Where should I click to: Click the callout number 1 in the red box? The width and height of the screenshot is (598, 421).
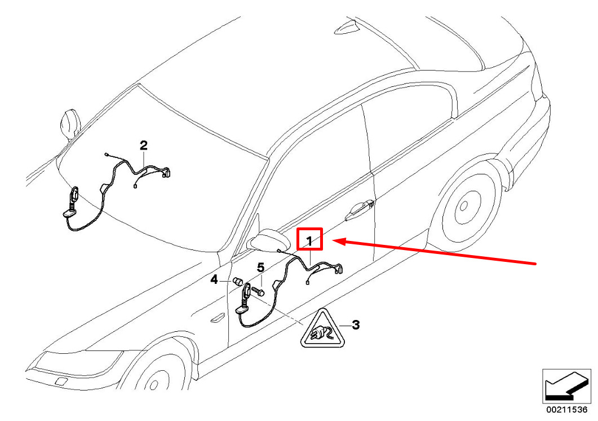[x=309, y=241]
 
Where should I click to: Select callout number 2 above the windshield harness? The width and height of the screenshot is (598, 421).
[x=143, y=146]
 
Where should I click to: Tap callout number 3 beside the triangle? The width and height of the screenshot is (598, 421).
[x=355, y=325]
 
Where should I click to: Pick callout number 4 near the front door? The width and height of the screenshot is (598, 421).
[x=214, y=280]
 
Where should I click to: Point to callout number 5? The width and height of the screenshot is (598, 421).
[x=260, y=268]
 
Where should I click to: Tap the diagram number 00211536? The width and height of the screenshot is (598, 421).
[x=567, y=410]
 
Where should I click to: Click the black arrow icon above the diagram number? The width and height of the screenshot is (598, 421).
[x=566, y=387]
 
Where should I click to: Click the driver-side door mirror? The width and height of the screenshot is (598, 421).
[x=269, y=239]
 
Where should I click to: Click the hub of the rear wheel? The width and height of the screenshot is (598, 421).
[x=464, y=206]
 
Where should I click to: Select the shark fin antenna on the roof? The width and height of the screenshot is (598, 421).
[x=347, y=28]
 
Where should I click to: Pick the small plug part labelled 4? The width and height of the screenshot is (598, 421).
[x=238, y=282]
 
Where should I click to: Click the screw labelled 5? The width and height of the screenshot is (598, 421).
[x=258, y=292]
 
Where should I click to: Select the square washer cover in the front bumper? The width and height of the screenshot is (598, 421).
[x=60, y=381]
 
